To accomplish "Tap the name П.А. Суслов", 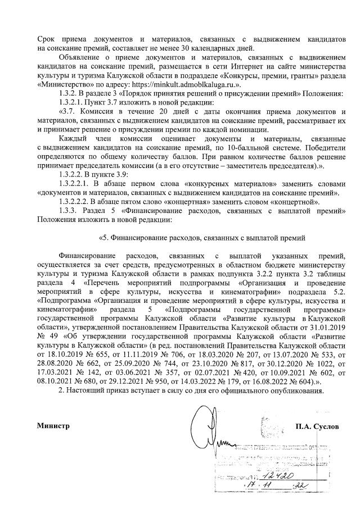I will click(x=317, y=426).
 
